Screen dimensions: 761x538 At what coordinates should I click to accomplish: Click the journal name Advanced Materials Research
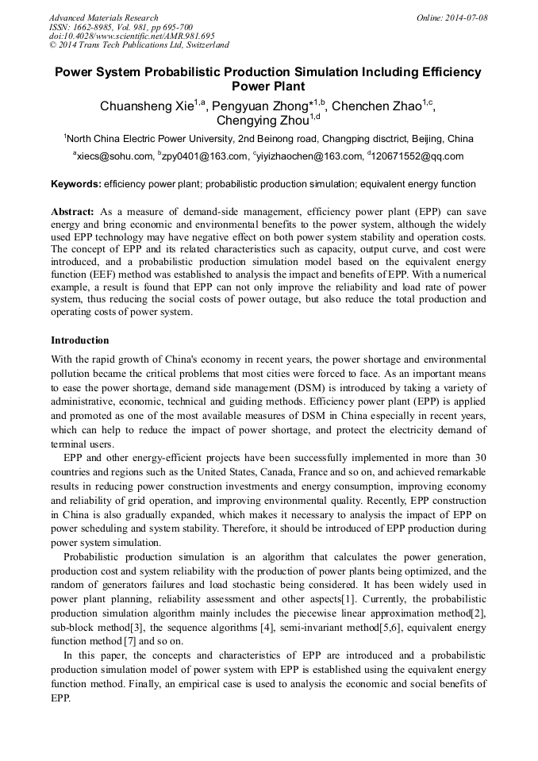tap(103, 17)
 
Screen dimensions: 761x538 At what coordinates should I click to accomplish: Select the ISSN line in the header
tap(121, 27)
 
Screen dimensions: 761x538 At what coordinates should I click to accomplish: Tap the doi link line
tap(132, 36)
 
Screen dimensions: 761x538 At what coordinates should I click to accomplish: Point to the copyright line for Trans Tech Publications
tap(139, 45)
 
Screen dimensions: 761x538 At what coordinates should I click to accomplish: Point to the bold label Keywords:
tap(76, 184)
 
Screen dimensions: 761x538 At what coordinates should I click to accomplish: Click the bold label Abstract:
tap(73, 213)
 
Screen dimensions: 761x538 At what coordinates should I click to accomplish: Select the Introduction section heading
tap(80, 340)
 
